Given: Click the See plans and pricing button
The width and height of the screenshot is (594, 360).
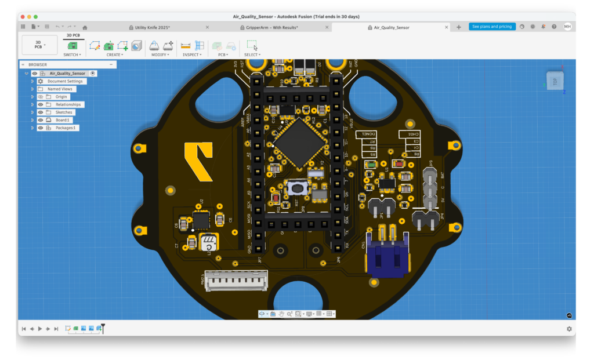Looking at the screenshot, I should point(492,27).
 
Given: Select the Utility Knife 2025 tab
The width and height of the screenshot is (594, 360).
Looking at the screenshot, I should point(148,27).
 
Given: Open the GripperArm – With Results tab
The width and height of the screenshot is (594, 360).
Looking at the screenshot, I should point(268,27).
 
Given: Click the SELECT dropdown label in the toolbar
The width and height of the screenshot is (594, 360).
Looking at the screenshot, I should point(252,55).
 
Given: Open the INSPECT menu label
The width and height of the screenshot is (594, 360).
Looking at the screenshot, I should point(191,55).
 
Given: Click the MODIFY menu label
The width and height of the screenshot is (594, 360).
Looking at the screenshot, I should point(160,55).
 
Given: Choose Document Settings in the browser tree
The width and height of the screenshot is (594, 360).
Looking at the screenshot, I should point(65,82).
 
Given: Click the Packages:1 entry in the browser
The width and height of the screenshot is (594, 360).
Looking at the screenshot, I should point(67,128).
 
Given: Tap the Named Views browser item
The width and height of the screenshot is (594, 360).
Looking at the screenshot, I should point(60,89).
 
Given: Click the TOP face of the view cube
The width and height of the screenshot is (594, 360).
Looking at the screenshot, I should point(555,82).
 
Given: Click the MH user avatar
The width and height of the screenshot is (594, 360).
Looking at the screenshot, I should point(567,27).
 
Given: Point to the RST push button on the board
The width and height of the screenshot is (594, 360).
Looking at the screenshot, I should point(298,188).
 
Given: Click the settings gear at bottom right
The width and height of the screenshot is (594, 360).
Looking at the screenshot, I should point(569,329).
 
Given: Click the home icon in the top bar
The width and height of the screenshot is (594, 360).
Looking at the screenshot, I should point(85,27).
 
